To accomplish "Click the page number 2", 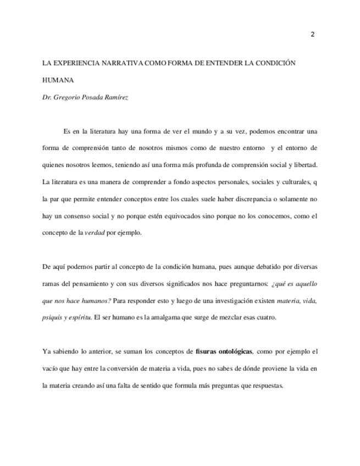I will pyautogui.click(x=312, y=35).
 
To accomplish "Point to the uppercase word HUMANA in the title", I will pyautogui.click(x=58, y=80).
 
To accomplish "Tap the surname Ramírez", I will pyautogui.click(x=120, y=97).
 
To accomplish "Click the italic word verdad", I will pyautogui.click(x=95, y=232).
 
